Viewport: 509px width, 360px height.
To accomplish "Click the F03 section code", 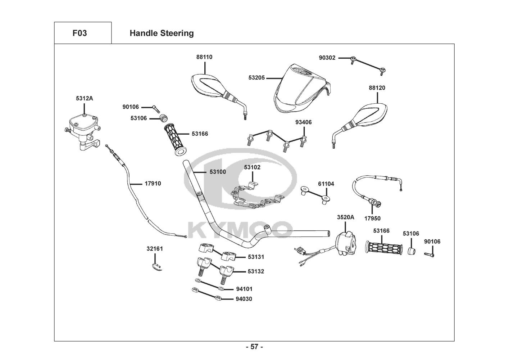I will [x=79, y=33].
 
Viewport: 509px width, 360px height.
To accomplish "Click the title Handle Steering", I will [x=162, y=33].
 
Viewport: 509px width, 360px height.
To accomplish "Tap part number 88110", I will [x=204, y=57].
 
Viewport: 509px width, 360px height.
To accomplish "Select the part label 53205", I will [x=256, y=77].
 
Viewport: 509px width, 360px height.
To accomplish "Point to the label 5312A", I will [x=84, y=98].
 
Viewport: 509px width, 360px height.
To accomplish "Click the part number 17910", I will [x=153, y=183].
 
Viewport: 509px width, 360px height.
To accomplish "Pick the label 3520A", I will [x=345, y=217].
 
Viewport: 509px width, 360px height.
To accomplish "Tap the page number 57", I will [x=254, y=347].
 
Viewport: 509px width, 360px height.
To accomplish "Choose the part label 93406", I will [x=304, y=122].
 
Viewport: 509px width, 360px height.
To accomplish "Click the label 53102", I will [x=252, y=167].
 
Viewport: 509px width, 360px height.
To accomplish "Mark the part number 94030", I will [x=244, y=299].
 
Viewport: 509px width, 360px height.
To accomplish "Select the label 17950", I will [x=372, y=218].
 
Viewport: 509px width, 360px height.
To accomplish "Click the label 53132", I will [x=256, y=271].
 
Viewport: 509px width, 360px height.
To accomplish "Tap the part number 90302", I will [x=327, y=58].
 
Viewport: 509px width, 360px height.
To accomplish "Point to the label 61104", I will [x=326, y=184].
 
